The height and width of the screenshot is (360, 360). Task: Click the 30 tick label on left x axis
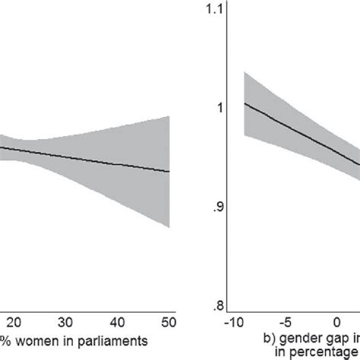[66, 319]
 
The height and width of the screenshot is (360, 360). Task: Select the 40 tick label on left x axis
[118, 319]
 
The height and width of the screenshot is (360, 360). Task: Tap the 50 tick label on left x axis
[169, 319]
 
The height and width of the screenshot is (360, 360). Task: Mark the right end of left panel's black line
[169, 172]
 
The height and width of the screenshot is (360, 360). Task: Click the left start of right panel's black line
[244, 103]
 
